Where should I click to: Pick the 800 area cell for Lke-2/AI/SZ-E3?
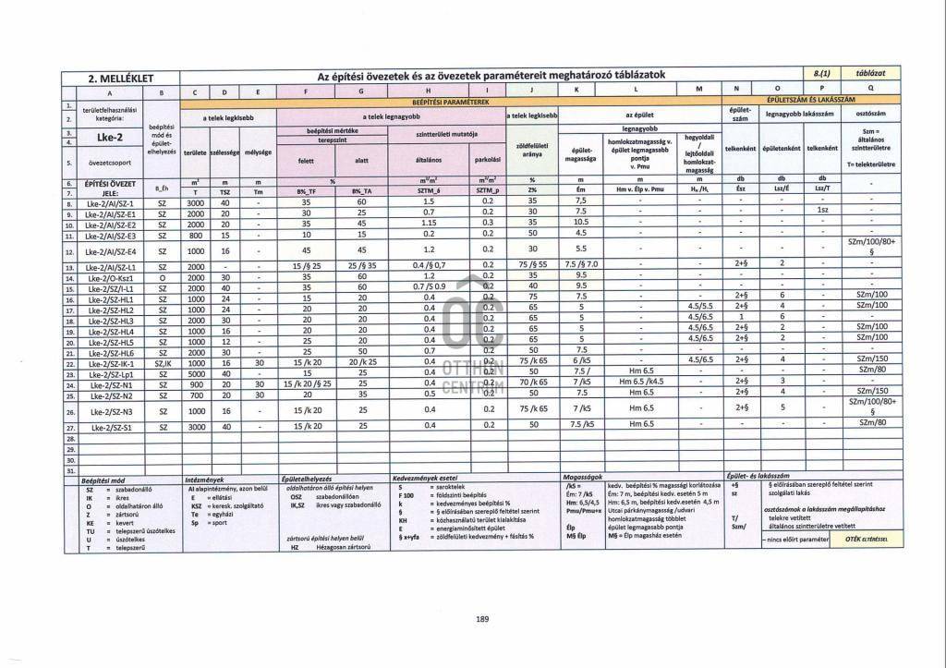[x=194, y=235]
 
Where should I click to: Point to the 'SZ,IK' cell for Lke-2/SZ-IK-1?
[x=163, y=363]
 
